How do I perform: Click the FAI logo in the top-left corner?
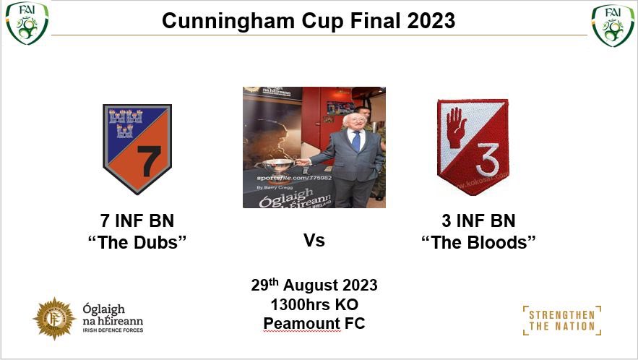pyautogui.click(x=27, y=23)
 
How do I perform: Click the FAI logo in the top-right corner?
pyautogui.click(x=612, y=24)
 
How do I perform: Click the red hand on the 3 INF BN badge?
pyautogui.click(x=457, y=127)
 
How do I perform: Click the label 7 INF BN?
pyautogui.click(x=137, y=220)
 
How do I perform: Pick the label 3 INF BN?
pyautogui.click(x=478, y=220)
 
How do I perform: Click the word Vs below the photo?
pyautogui.click(x=314, y=240)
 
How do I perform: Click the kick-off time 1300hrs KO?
pyautogui.click(x=314, y=304)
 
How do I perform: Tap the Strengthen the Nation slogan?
pyautogui.click(x=561, y=320)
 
